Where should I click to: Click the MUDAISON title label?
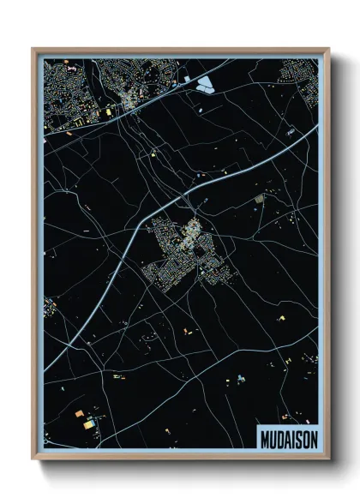286,437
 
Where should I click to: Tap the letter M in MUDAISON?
263,437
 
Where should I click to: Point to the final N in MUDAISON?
311,437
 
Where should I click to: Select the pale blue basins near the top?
205,84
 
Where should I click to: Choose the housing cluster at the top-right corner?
308,87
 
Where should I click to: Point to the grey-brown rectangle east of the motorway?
260,199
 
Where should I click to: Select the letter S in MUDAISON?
297,437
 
